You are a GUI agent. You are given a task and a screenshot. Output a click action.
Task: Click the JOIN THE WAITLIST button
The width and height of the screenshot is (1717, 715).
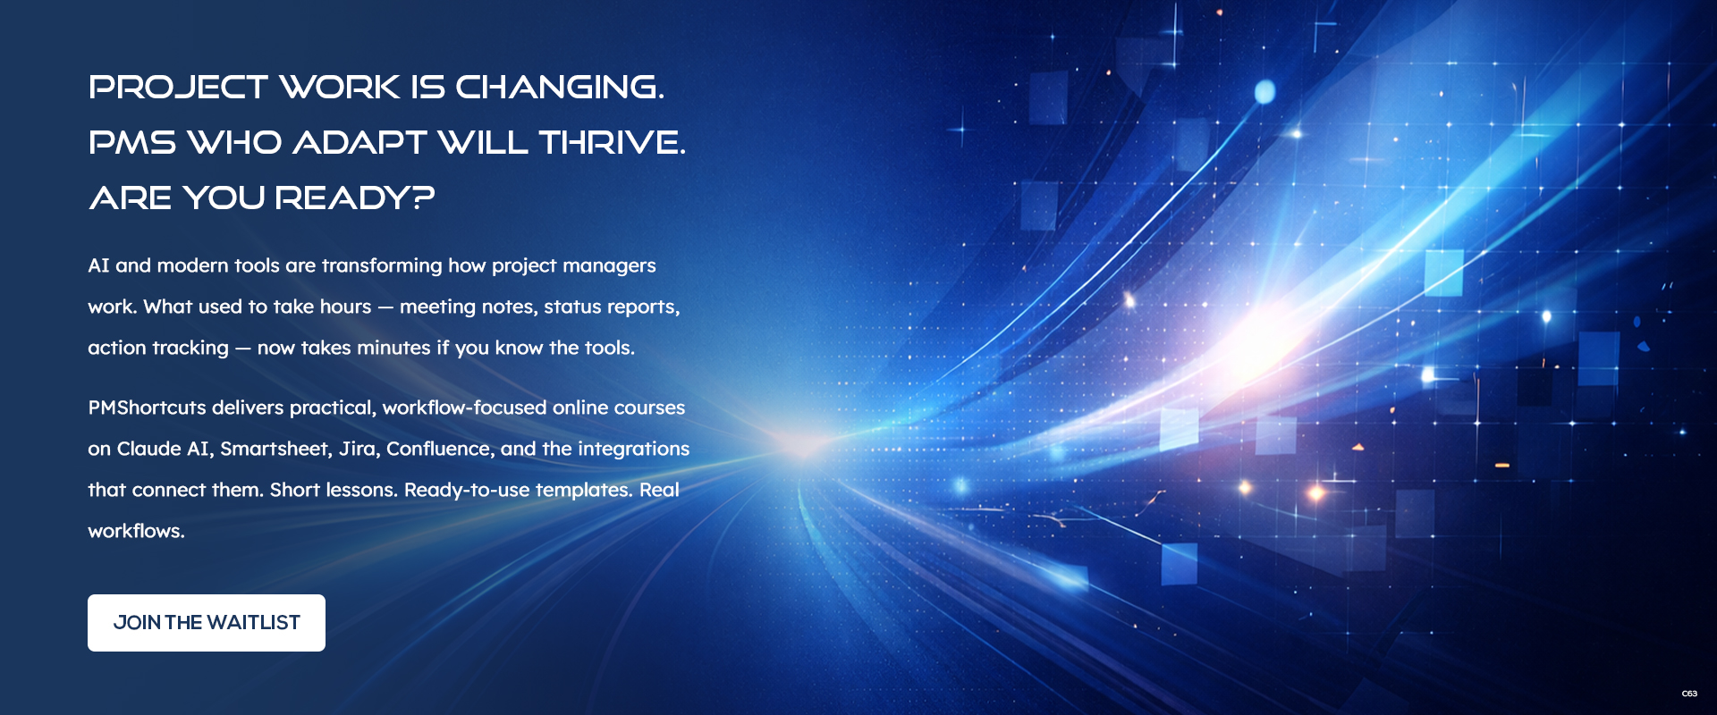(x=207, y=623)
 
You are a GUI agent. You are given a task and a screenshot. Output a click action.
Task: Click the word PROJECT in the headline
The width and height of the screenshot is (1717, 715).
(x=178, y=88)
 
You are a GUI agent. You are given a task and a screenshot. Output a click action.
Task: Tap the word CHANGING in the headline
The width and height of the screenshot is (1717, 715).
(x=559, y=88)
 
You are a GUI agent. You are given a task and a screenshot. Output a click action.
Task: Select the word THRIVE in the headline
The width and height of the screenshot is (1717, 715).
(x=612, y=143)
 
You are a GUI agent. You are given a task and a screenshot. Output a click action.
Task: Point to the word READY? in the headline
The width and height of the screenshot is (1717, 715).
(x=354, y=198)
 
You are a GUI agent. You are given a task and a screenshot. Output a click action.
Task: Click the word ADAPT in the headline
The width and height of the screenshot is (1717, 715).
(x=359, y=143)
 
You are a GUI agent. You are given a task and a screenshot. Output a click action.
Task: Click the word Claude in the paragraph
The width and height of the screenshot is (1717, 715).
(x=148, y=449)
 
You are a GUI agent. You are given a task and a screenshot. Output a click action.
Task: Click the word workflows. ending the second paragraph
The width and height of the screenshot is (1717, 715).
(x=136, y=531)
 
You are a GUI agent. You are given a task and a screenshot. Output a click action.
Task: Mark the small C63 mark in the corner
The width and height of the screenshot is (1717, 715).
(x=1689, y=694)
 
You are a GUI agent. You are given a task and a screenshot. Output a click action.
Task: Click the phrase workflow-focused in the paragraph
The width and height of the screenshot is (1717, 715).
(x=464, y=408)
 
